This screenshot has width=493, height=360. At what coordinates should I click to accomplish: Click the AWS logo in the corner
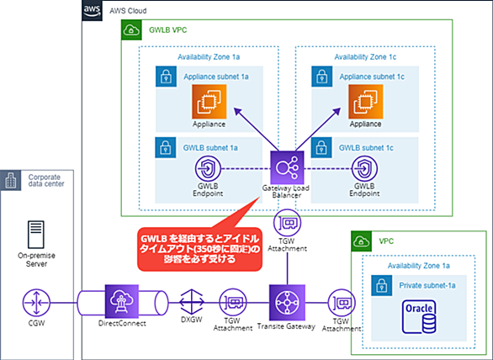pos(92,11)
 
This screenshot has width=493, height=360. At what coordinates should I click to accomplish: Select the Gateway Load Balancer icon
pos(287,167)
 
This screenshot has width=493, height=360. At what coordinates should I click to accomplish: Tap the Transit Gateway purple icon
pos(287,303)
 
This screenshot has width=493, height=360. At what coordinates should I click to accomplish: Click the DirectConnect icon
pos(122,301)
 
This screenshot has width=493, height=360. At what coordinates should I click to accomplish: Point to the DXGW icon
pos(192,302)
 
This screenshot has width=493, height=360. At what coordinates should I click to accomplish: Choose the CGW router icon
pos(36,303)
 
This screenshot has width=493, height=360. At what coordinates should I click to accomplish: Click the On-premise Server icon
pos(36,235)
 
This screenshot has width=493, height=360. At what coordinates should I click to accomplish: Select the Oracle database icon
pos(419,317)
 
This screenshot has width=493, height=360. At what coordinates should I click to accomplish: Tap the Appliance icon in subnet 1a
pos(209,102)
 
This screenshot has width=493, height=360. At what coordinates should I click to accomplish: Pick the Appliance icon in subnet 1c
pos(365,102)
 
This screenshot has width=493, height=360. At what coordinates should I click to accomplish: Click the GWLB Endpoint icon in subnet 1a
pos(208,169)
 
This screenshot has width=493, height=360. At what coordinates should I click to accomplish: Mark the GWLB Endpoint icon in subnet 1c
pos(364,169)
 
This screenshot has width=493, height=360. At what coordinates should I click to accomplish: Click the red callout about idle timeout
pos(199,248)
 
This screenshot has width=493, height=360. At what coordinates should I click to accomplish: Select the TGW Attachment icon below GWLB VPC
pos(287,223)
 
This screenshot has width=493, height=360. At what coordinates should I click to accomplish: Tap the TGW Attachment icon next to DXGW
pos(233,303)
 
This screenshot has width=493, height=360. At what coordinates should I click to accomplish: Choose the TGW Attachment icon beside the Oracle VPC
pos(342,303)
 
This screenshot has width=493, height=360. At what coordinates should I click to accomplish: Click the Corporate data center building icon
pos(11,181)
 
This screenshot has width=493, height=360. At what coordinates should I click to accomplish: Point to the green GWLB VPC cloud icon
pos(131,30)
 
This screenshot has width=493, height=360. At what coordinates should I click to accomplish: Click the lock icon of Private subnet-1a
pos(381,285)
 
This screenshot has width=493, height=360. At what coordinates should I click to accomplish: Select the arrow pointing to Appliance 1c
pos(318,130)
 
